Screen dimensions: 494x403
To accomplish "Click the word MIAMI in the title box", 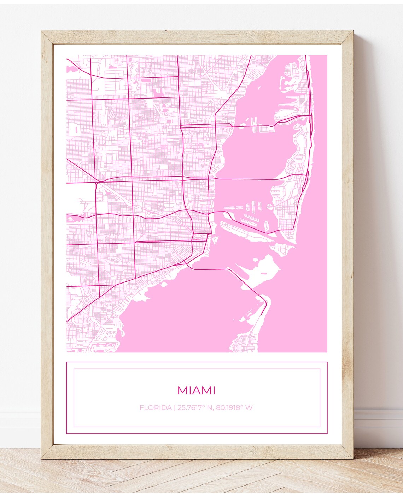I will tap(196, 391).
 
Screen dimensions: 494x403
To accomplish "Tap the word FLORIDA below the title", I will tap(155, 408).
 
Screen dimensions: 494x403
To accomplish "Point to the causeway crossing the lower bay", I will tap(244, 279).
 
